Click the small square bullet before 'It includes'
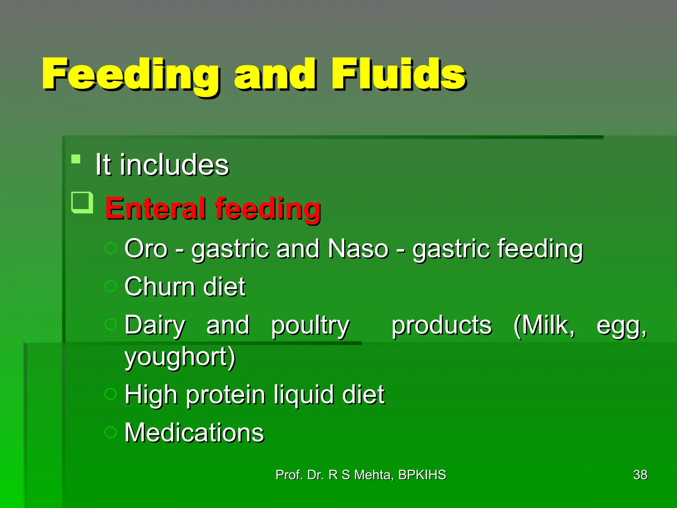pos(76,159)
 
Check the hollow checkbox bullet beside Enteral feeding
pos(82,202)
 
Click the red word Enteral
pos(155,208)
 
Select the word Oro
pos(146,249)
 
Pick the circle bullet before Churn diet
pos(110,286)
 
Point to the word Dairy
pos(155,325)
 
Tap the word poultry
pos(310,326)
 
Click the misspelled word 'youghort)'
pos(180,357)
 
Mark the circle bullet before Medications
pos(110,432)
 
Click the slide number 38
pos(640,475)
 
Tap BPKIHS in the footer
pos(422,475)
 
